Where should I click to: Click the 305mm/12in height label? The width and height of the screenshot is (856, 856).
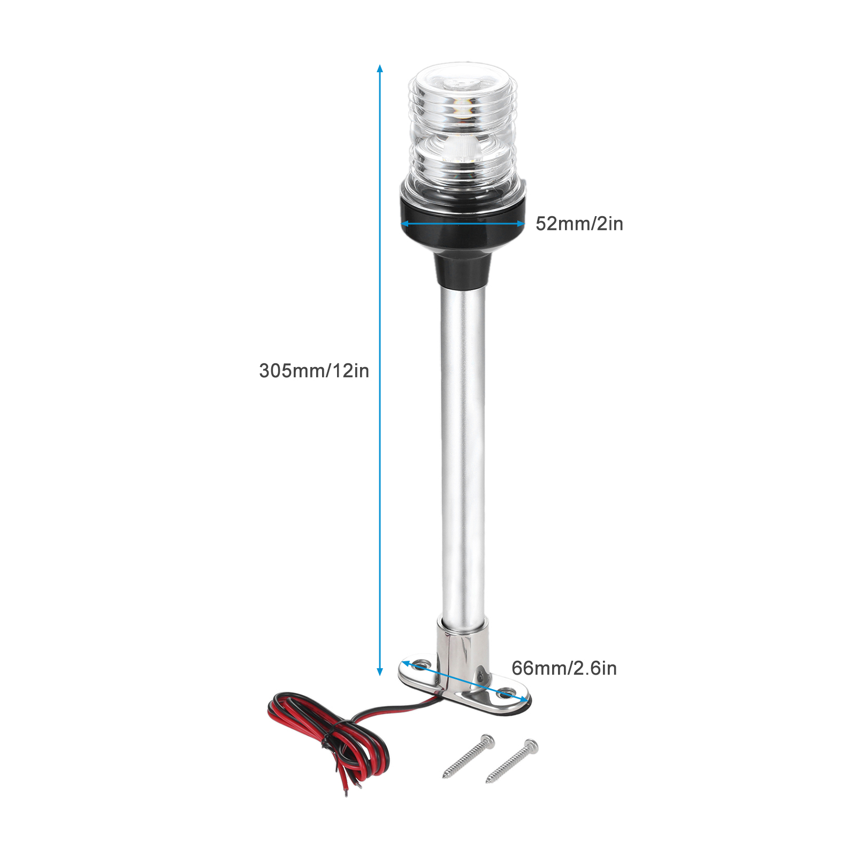point(314,370)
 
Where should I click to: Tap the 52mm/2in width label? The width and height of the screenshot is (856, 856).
point(579,224)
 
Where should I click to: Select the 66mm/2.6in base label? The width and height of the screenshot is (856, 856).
point(564,668)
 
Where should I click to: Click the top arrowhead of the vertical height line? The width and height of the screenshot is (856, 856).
point(380,68)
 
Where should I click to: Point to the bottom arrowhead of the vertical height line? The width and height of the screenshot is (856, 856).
point(380,671)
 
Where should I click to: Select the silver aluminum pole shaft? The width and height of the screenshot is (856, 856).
point(463,455)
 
